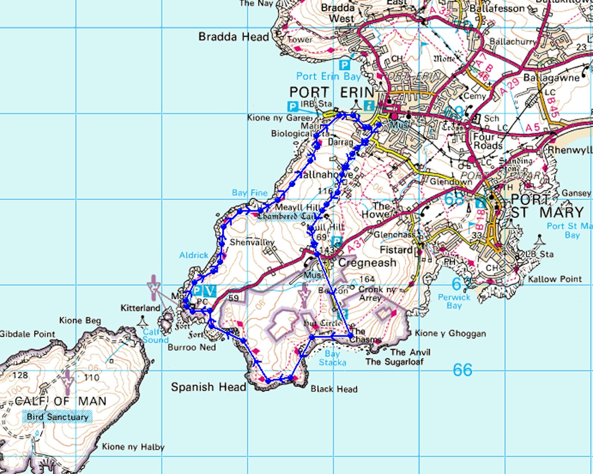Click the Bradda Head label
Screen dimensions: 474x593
pos(233,37)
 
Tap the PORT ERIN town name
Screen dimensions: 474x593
pos(332,92)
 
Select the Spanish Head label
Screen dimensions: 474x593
pos(208,387)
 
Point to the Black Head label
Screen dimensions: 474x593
pos(334,389)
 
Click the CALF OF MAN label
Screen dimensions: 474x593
pos(60,401)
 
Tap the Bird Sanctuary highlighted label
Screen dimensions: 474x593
pos(57,417)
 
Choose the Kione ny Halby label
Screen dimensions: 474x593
pos(133,447)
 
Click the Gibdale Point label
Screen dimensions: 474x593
pos(27,334)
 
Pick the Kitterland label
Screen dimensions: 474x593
pos(140,308)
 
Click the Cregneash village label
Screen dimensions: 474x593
pos(367,263)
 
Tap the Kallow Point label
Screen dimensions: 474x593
pos(554,279)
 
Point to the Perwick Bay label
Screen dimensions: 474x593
pos(454,301)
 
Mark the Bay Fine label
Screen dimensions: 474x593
pos(249,193)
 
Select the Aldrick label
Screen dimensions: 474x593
pos(193,255)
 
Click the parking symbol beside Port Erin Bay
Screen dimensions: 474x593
pos(345,66)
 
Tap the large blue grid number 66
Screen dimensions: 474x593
pos(462,370)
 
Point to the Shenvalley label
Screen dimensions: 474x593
pos(252,242)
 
